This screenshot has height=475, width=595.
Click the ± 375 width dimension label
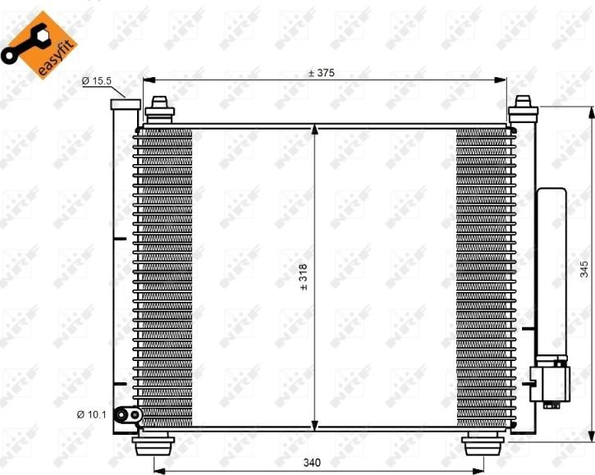tap(321, 72)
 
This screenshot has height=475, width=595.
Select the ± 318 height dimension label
tap(304, 277)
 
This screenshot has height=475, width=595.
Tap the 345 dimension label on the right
tap(584, 268)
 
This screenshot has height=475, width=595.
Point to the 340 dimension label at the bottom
tap(312, 463)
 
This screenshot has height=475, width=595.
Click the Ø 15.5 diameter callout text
tap(96, 81)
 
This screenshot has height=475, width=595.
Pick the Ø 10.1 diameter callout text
tap(92, 414)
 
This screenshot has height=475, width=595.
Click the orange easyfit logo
tap(39, 45)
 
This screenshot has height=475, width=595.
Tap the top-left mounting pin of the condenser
tap(159, 110)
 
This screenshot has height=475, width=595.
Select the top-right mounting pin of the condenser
tap(523, 109)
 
